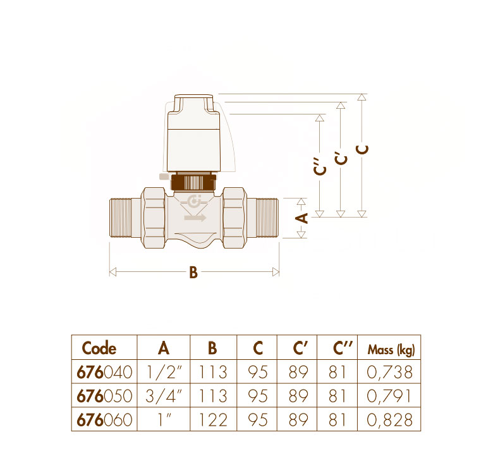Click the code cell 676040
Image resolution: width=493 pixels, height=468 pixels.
[x=104, y=373]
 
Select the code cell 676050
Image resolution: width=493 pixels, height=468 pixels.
[x=104, y=396]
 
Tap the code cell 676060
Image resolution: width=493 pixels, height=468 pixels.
[x=104, y=420]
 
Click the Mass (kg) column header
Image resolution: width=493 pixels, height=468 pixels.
[x=391, y=350]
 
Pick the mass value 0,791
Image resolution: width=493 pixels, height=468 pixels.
[x=389, y=396]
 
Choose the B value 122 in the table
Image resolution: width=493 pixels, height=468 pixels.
[x=213, y=420]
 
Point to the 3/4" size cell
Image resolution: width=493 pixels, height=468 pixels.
[x=164, y=396]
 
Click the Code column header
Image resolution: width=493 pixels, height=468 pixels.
[x=99, y=348]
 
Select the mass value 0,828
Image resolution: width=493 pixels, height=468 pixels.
[x=389, y=420]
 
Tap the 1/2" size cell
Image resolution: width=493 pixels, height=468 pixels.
[x=164, y=373]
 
